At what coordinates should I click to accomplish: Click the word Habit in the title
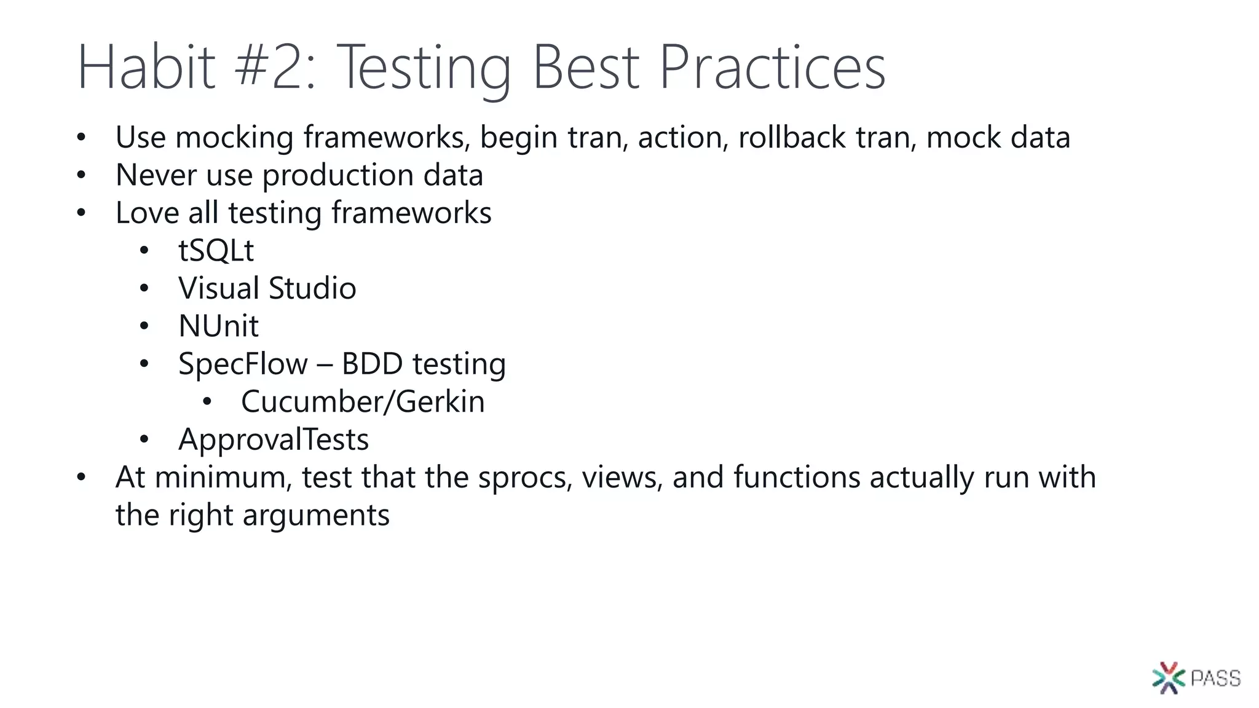146,68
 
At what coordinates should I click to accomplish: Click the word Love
147,213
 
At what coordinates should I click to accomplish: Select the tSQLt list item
216,251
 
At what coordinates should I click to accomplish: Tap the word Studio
312,288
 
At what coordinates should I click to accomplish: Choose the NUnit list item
218,326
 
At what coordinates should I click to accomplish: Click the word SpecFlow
243,364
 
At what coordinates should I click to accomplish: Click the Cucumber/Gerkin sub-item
363,402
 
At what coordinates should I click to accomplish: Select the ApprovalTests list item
274,440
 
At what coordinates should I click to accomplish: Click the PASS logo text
1215,678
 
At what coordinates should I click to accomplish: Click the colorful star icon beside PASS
1169,678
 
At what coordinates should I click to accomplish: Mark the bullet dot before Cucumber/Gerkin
207,402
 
